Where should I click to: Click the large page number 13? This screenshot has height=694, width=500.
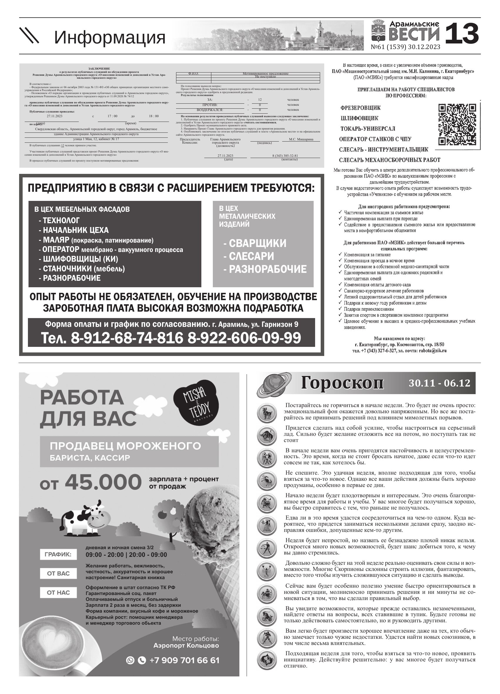[x=462, y=34]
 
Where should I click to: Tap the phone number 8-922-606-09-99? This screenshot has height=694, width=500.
[x=244, y=338]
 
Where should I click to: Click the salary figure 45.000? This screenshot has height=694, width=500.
[x=103, y=483]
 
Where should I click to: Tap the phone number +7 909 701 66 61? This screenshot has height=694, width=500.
[x=184, y=660]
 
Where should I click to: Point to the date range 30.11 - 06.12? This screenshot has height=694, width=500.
[x=439, y=383]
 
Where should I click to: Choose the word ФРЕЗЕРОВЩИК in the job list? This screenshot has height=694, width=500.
[x=360, y=108]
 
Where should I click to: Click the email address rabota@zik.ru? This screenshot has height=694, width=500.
[x=433, y=351]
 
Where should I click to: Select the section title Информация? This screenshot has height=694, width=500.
[x=110, y=37]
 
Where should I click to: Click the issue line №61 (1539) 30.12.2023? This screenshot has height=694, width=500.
[x=405, y=47]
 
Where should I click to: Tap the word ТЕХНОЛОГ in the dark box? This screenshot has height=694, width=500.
[x=61, y=220]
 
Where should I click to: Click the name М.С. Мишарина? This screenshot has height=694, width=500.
[x=301, y=139]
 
